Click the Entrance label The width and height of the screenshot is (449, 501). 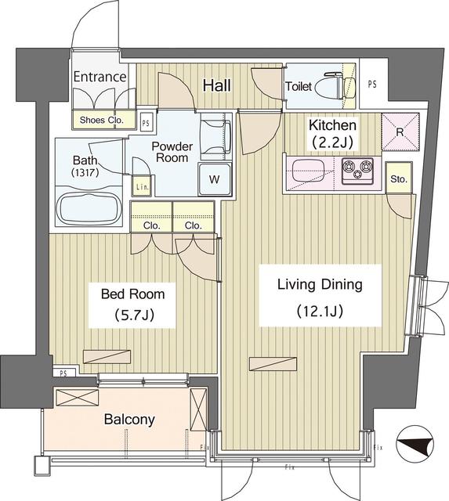click(x=100, y=77)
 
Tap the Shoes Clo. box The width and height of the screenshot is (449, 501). click(x=100, y=121)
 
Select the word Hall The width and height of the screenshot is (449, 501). click(x=216, y=85)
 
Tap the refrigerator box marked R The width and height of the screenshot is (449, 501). click(x=400, y=132)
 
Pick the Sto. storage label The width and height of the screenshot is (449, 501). click(x=399, y=179)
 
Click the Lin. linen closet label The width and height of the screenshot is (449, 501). click(x=142, y=186)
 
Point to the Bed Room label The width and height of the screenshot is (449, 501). click(x=132, y=294)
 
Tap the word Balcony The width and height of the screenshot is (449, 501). click(x=129, y=419)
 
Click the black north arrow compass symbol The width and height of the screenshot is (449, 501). click(x=415, y=446)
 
